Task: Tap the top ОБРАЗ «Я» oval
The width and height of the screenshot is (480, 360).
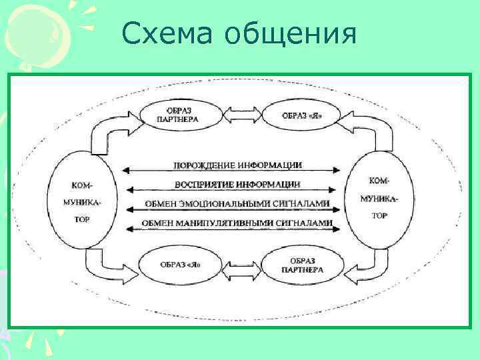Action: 301,115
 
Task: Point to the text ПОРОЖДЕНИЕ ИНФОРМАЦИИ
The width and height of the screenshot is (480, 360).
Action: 237,165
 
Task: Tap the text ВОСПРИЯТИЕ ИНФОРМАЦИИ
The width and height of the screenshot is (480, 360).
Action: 237,184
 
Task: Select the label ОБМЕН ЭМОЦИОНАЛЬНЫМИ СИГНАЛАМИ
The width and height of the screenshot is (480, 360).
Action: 237,203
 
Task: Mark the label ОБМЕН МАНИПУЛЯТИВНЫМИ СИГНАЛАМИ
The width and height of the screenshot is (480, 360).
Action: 237,221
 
